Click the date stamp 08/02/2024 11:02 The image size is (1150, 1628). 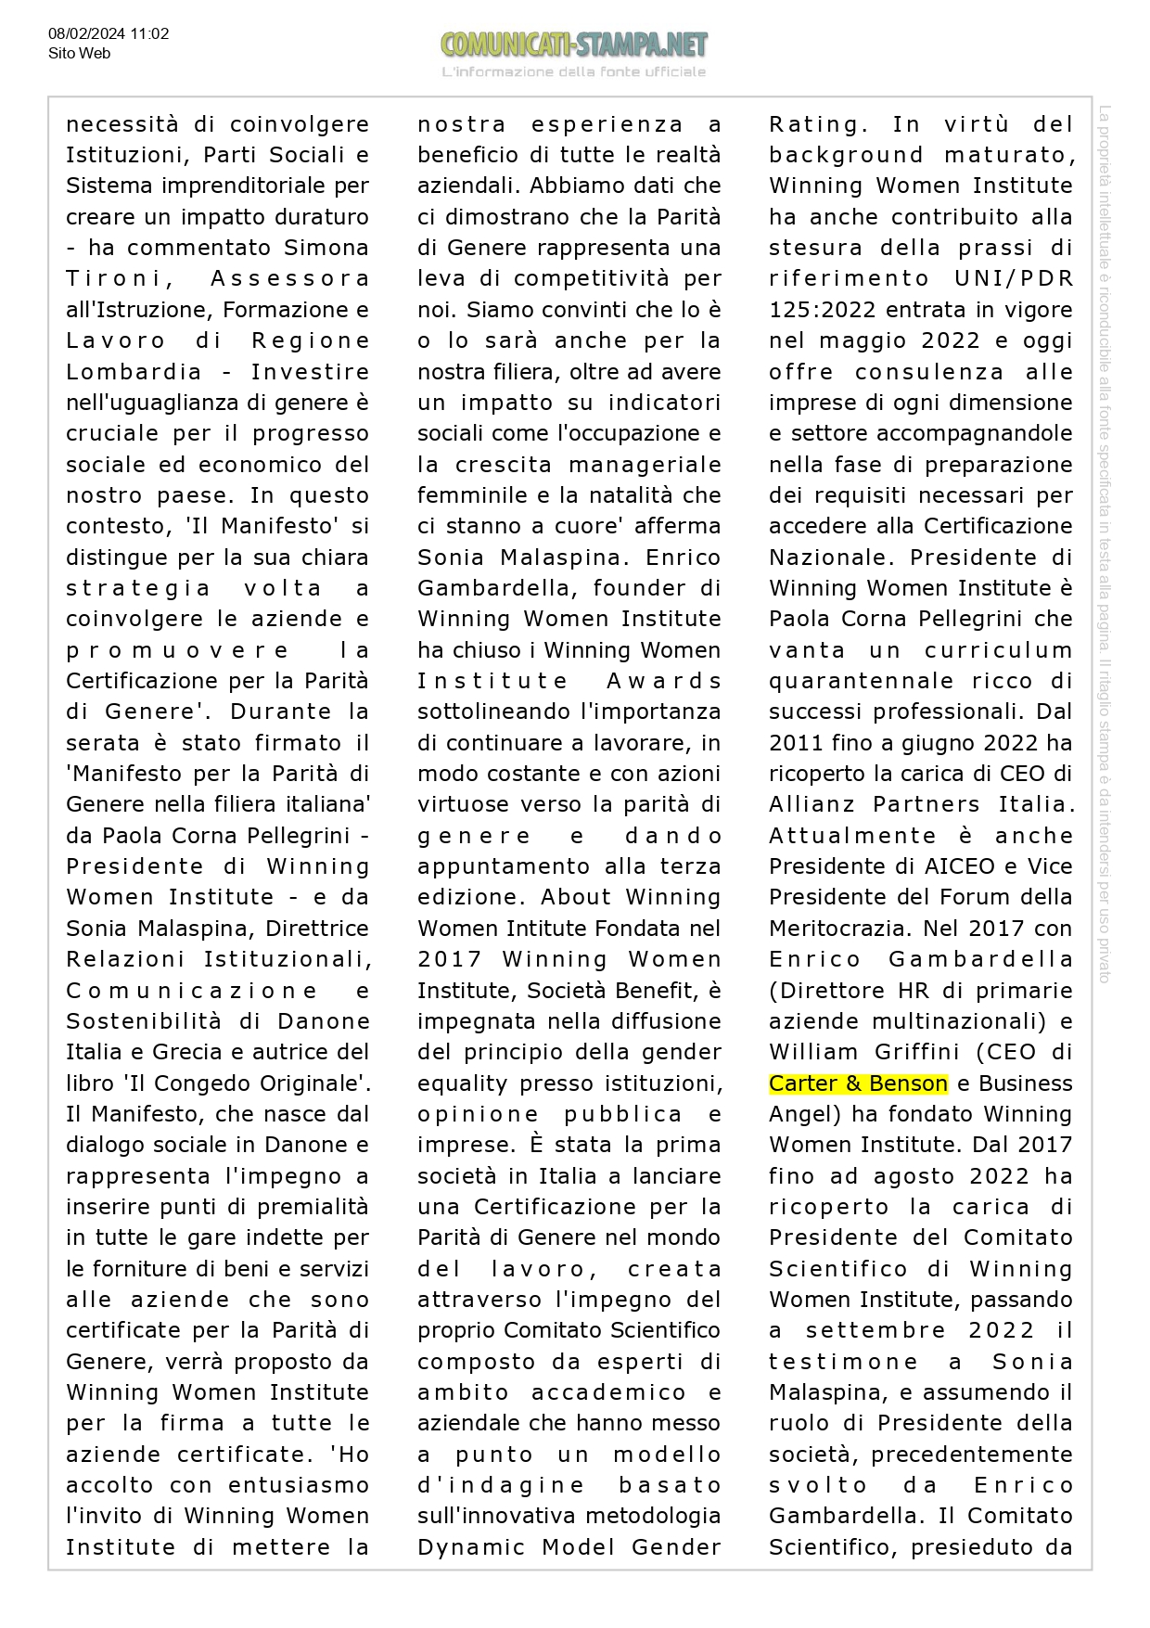click(x=109, y=34)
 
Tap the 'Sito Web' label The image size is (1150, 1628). click(x=79, y=54)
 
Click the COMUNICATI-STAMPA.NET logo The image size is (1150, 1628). click(x=574, y=45)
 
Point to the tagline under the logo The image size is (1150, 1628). click(x=574, y=72)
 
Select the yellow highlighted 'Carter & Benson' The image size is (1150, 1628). click(x=858, y=1083)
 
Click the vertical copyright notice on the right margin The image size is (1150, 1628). click(x=1105, y=543)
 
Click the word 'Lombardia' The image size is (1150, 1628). click(x=134, y=372)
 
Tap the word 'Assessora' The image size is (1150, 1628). click(x=289, y=279)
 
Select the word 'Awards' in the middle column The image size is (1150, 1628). click(x=663, y=681)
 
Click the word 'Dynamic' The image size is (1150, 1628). click(x=472, y=1547)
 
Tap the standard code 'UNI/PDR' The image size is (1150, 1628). click(x=1013, y=279)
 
